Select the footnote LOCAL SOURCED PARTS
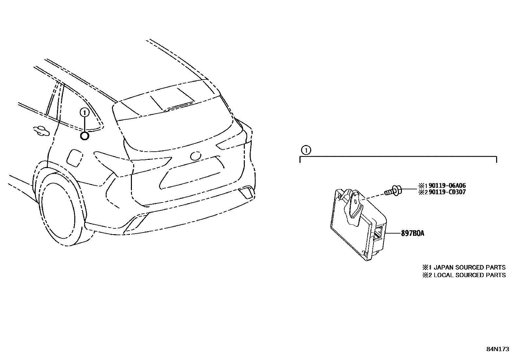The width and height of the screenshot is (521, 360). click(x=469, y=275)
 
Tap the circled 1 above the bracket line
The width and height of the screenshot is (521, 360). click(x=306, y=150)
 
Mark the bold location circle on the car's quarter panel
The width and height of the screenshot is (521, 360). click(x=84, y=136)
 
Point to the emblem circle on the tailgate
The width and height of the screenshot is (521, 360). click(x=196, y=156)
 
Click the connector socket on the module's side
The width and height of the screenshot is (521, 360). click(x=378, y=234)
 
